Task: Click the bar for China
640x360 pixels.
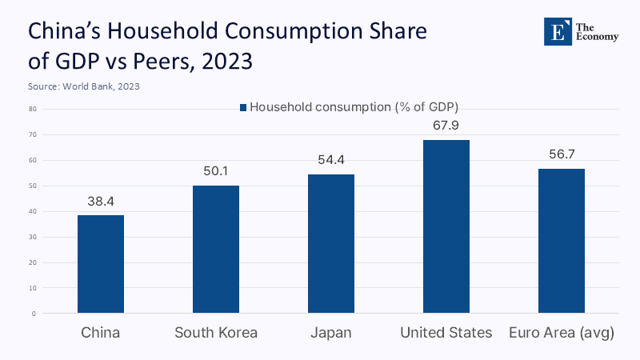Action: pyautogui.click(x=101, y=264)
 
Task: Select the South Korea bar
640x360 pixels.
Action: pyautogui.click(x=216, y=249)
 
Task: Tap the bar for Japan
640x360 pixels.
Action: pyautogui.click(x=331, y=243)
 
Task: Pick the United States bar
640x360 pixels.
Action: pyautogui.click(x=446, y=226)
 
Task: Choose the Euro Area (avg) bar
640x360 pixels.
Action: pyautogui.click(x=562, y=241)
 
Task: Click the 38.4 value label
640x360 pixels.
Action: pyautogui.click(x=101, y=201)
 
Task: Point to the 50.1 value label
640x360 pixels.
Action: pyautogui.click(x=216, y=171)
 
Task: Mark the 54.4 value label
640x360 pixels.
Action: pyautogui.click(x=331, y=160)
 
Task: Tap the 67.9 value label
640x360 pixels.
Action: pyautogui.click(x=446, y=126)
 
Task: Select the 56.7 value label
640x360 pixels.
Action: pyautogui.click(x=562, y=154)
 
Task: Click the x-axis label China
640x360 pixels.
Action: pyautogui.click(x=101, y=333)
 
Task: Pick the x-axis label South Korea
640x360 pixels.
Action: pyautogui.click(x=216, y=333)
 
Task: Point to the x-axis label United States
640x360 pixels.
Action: pyautogui.click(x=446, y=333)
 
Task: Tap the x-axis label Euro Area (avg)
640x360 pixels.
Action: pyautogui.click(x=562, y=333)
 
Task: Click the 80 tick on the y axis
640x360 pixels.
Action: pyautogui.click(x=34, y=109)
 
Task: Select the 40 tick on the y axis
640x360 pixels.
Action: pyautogui.click(x=34, y=211)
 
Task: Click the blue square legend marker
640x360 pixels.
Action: pyautogui.click(x=243, y=106)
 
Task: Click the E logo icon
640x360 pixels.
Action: pyautogui.click(x=558, y=30)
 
